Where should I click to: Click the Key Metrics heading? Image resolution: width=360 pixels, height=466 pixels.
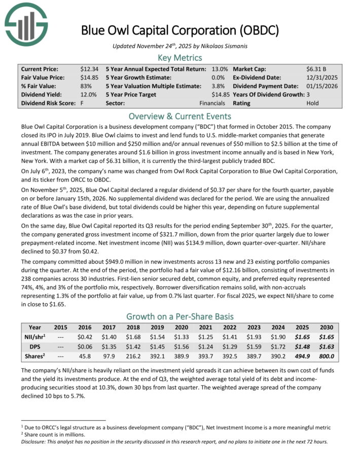pyautogui.click(x=180, y=58)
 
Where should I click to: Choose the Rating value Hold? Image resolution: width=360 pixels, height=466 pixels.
pyautogui.click(x=313, y=103)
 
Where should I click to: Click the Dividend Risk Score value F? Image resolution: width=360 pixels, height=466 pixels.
pyautogui.click(x=82, y=103)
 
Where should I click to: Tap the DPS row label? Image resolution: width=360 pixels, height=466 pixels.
pyautogui.click(x=35, y=346)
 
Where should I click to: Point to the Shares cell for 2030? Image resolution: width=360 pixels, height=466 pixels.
pyautogui.click(x=327, y=355)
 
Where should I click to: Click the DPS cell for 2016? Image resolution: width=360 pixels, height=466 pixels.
pyautogui.click(x=85, y=346)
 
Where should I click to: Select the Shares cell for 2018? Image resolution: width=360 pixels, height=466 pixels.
pyautogui.click(x=134, y=355)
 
